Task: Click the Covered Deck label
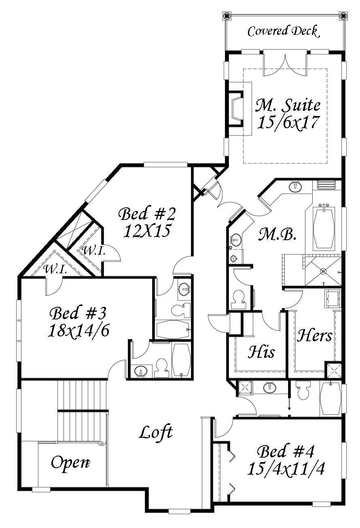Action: click(x=284, y=32)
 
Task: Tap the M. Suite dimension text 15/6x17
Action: click(x=288, y=122)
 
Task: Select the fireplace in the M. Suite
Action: click(x=235, y=109)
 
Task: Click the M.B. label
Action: click(x=277, y=235)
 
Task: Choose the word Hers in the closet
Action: click(x=314, y=336)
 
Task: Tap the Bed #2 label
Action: click(x=147, y=213)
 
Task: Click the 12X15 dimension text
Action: click(x=147, y=230)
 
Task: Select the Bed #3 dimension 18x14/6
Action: click(x=78, y=330)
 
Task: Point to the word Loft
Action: click(x=156, y=432)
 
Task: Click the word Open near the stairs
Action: click(x=70, y=463)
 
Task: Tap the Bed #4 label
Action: click(x=286, y=452)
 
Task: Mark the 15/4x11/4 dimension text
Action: click(x=286, y=468)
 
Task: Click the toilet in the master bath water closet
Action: click(x=239, y=300)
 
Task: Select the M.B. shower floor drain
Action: click(x=323, y=271)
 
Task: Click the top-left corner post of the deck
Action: click(x=226, y=15)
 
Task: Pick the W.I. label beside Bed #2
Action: click(x=93, y=251)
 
